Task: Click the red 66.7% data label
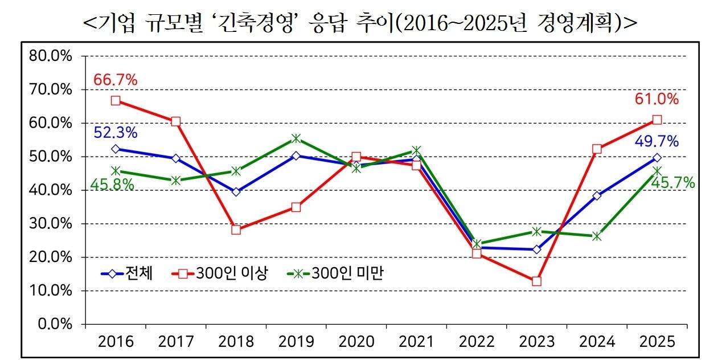point(116,80)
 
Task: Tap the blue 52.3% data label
point(116,133)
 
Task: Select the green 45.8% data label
point(112,185)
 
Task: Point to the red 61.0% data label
point(657,100)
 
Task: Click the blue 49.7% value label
point(657,142)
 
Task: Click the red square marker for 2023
point(536,281)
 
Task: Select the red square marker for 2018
point(236,230)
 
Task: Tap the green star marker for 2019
point(296,138)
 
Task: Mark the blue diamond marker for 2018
point(236,192)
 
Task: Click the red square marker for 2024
point(597,149)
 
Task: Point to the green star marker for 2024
point(597,236)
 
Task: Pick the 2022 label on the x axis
point(477,342)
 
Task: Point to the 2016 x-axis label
point(116,342)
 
